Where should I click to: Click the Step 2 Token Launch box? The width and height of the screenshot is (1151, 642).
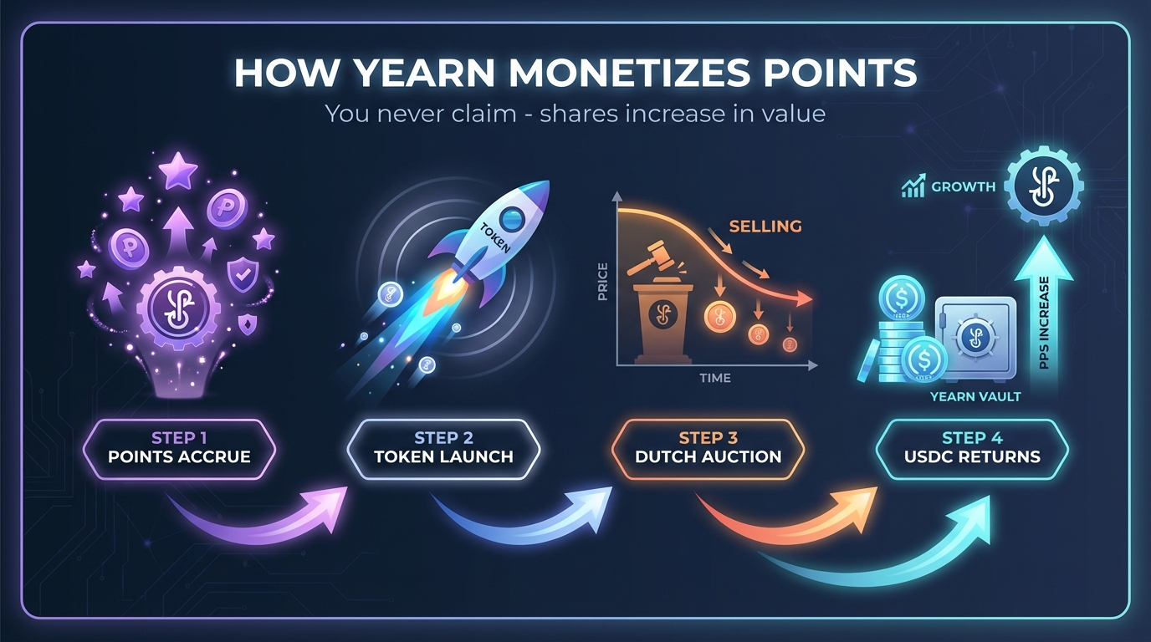pos(443,448)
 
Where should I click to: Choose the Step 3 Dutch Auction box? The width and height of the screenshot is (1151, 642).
pos(708,448)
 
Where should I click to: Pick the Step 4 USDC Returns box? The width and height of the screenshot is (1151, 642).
pos(971,448)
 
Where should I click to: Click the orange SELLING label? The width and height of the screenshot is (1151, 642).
pos(765,227)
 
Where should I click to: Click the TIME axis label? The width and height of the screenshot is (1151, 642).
pos(715,378)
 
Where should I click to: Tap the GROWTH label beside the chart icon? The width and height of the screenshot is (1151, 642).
pos(963,187)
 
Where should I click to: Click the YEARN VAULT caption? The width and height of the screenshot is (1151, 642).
pos(975,396)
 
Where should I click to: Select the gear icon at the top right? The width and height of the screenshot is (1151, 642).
pos(1043,186)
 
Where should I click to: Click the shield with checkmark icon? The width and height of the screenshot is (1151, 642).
pos(243,274)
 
